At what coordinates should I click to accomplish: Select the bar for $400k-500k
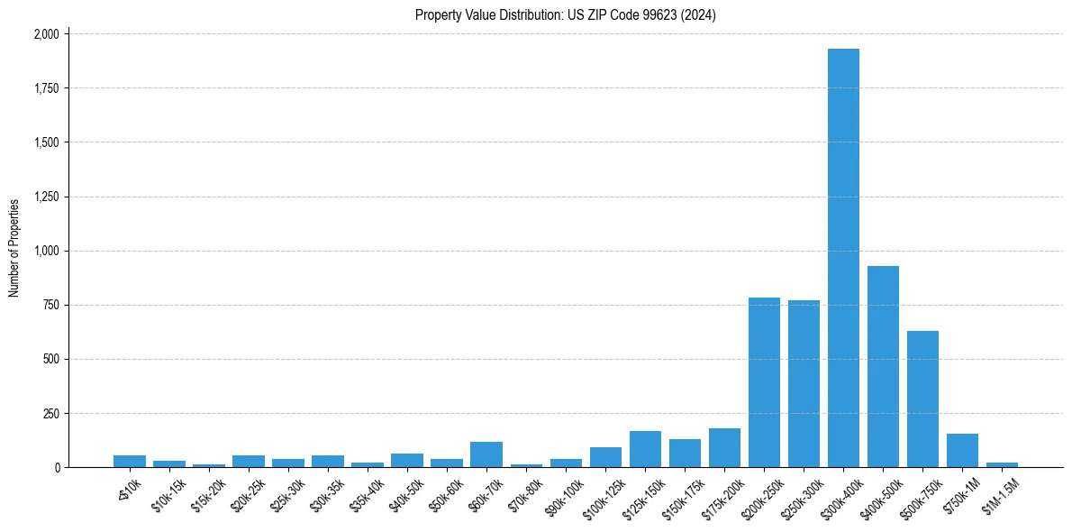point(883,366)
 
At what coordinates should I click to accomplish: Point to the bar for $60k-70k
point(486,454)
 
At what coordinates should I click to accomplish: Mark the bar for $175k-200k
point(724,447)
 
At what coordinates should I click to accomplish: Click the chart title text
point(566,14)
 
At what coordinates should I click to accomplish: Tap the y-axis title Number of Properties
point(14,248)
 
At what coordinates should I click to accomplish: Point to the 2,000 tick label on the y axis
point(45,34)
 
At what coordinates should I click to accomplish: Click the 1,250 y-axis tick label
point(45,197)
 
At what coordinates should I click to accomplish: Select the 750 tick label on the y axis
point(50,305)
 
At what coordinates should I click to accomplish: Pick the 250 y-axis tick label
point(50,413)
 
